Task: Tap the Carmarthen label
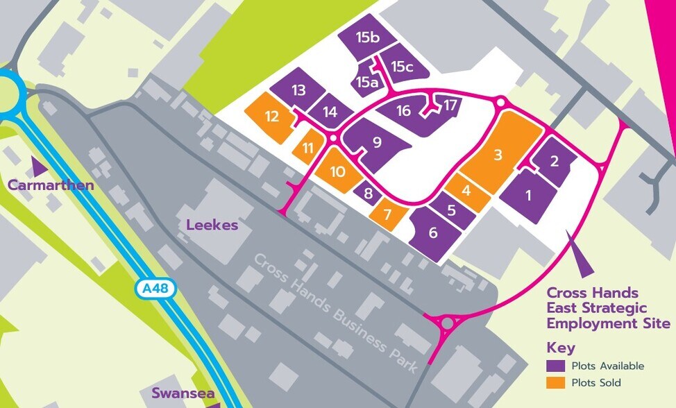tap(51, 185)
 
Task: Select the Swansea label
tap(183, 394)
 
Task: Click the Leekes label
tap(212, 225)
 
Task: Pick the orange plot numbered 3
tap(498, 154)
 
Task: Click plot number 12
tap(272, 117)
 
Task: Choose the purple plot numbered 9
tap(377, 143)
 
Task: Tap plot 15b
tap(367, 38)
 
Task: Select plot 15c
tap(403, 67)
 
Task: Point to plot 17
tap(451, 105)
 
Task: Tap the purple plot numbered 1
tap(528, 195)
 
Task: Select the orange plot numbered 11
tap(307, 147)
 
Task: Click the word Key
tap(561, 348)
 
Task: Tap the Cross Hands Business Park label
tap(336, 312)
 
